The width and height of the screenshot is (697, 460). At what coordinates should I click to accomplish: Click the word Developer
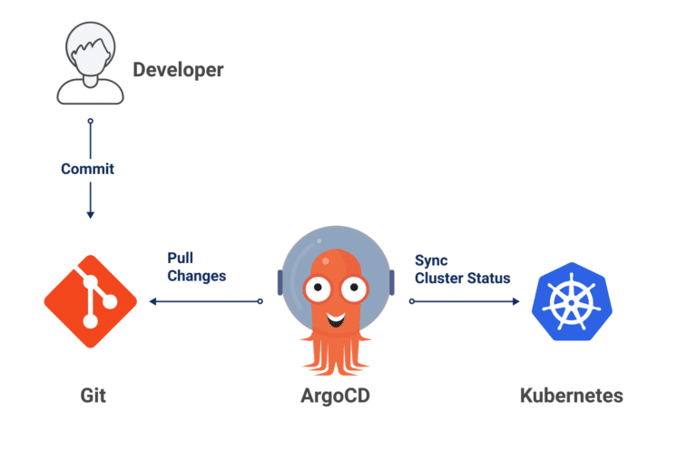point(178,70)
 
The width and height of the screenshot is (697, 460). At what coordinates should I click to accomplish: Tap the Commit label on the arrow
point(88,169)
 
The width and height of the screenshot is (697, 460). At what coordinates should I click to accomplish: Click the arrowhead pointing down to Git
point(89,213)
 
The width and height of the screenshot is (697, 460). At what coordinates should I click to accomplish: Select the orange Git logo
point(90,301)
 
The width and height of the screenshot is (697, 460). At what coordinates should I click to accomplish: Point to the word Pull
point(181,259)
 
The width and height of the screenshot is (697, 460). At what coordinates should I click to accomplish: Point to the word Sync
point(431,259)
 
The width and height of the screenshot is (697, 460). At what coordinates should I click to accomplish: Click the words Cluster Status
point(462,278)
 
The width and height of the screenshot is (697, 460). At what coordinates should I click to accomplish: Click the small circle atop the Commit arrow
point(89,122)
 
